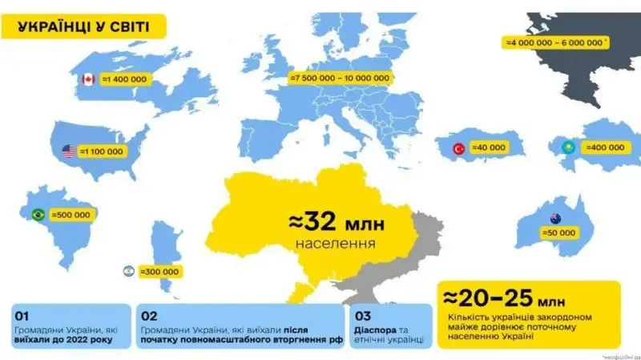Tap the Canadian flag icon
(88, 79)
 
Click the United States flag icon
(69, 151)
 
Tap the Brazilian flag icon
(37, 215)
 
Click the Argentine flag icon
(127, 271)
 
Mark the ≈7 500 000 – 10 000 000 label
(341, 78)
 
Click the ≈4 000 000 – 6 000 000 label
(554, 41)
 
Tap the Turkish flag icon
(460, 148)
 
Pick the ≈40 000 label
(490, 148)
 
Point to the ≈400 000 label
(605, 148)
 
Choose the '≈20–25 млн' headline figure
(506, 298)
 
